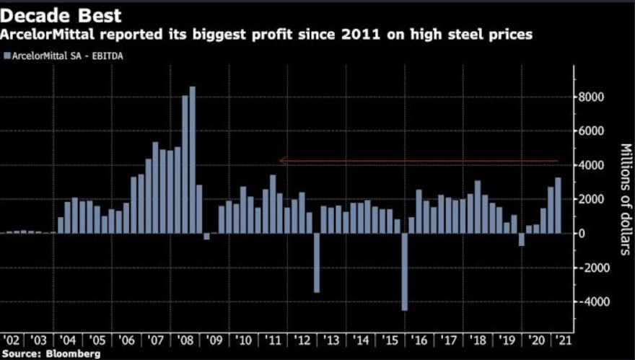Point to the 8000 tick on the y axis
(x=591, y=97)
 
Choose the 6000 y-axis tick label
(x=591, y=131)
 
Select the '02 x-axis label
(x=13, y=339)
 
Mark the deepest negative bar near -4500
(x=404, y=271)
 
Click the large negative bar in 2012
(x=316, y=263)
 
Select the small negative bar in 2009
(x=206, y=236)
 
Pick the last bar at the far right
(x=557, y=205)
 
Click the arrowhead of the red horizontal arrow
(x=282, y=161)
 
